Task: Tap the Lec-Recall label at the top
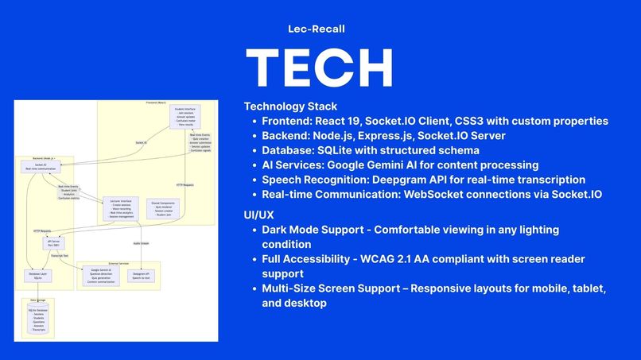[317, 29]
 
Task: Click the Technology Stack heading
[290, 106]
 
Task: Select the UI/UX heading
[259, 215]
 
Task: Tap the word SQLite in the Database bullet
[344, 150]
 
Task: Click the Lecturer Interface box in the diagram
[121, 209]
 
